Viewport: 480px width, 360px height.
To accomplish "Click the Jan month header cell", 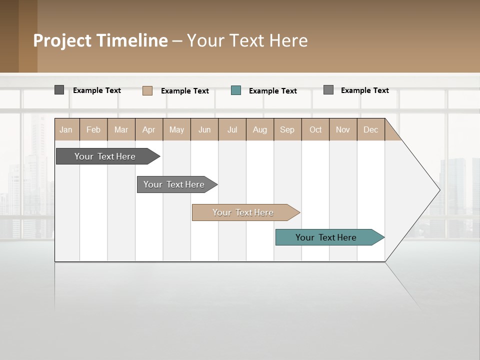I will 66,129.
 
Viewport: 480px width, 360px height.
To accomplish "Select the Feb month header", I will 93,129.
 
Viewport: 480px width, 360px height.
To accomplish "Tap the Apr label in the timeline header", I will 148,129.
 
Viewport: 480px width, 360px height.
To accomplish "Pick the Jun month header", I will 204,129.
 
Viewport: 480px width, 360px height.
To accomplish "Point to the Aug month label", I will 259,129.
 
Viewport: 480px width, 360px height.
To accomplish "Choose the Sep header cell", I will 287,129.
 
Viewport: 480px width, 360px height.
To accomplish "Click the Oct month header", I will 315,129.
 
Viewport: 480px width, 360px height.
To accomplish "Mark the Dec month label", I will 370,129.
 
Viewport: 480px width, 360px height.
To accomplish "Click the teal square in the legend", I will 236,90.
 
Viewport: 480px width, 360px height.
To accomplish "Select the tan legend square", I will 147,90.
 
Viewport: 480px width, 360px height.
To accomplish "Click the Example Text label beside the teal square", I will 272,91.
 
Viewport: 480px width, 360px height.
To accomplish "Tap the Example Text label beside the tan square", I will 184,91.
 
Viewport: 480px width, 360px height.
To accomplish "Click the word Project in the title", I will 62,40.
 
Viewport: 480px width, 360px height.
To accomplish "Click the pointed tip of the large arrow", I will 438,190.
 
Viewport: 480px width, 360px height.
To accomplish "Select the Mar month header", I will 121,129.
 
